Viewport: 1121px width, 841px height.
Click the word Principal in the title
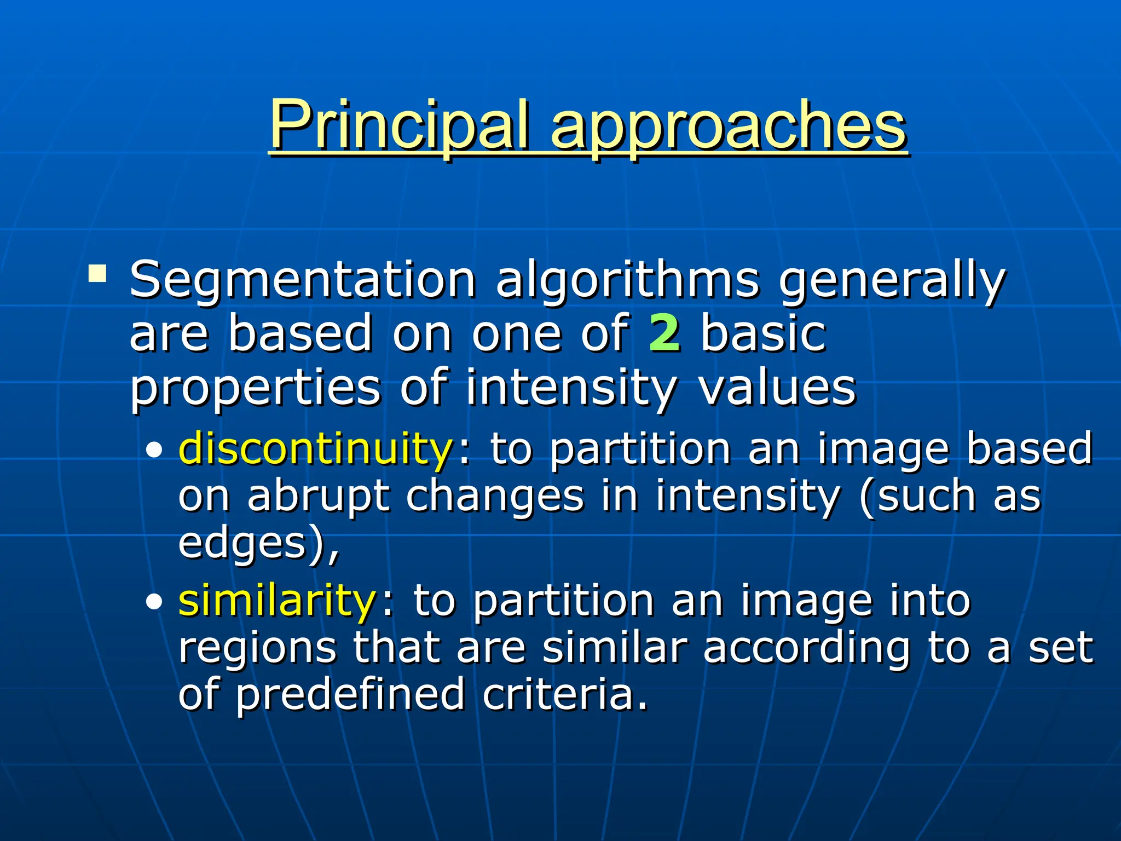(400, 126)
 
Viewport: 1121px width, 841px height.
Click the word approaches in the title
(728, 129)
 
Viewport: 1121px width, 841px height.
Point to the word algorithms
(627, 282)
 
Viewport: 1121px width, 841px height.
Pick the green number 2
(664, 333)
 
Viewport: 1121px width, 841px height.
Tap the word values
(777, 387)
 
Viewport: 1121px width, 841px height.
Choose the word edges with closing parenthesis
(257, 544)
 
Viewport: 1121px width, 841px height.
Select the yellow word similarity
(276, 601)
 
